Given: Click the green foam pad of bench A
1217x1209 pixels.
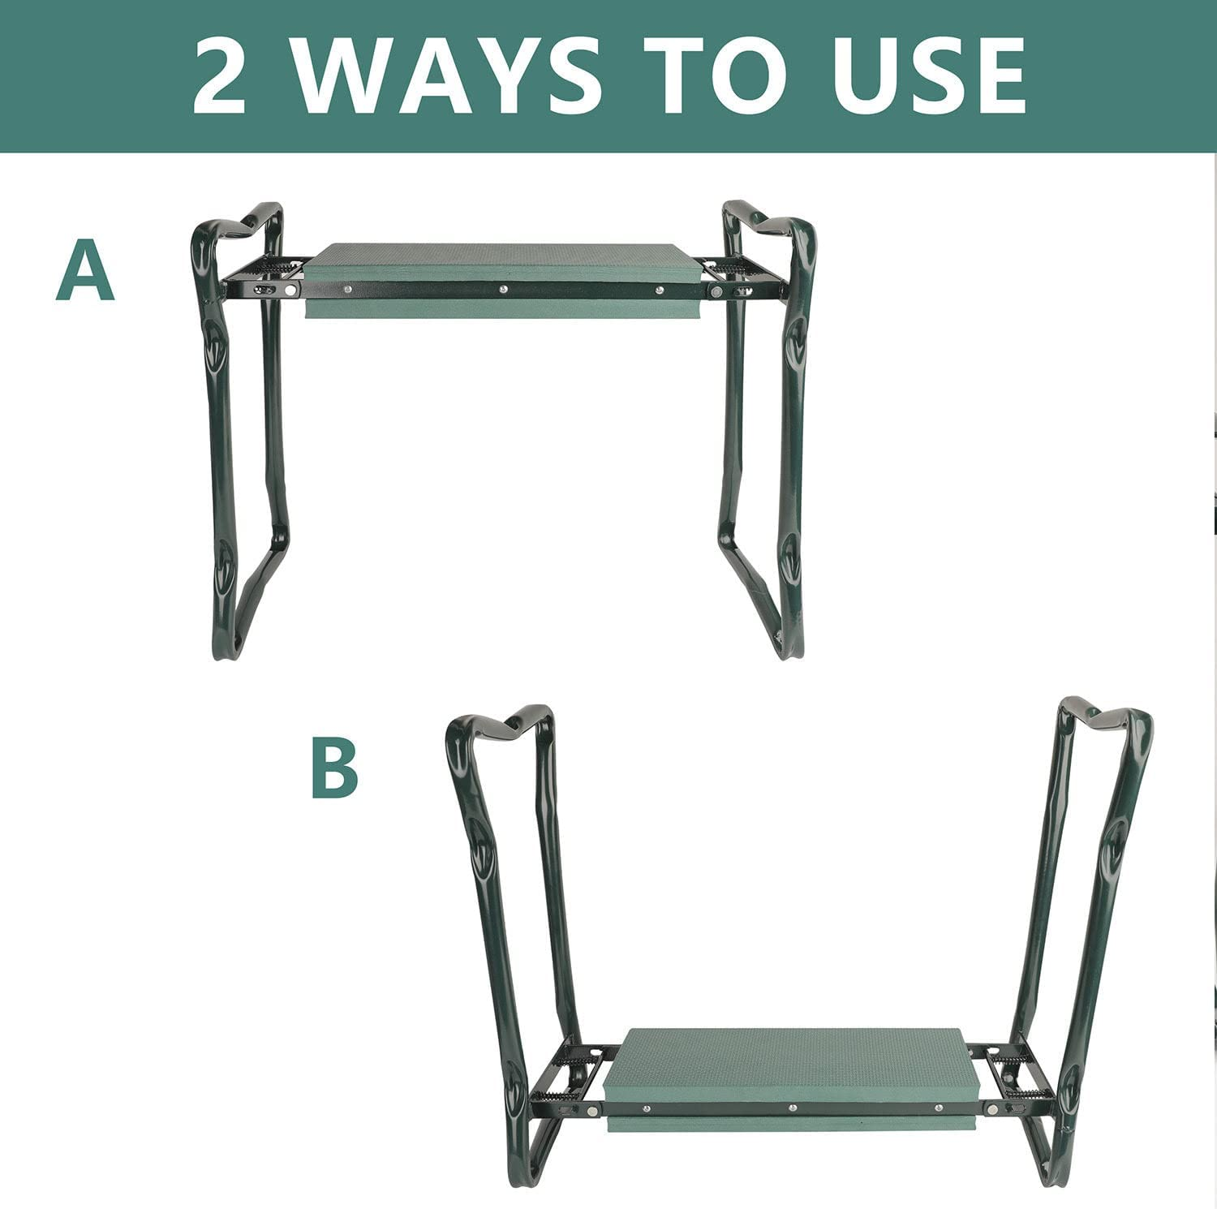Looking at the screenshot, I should pos(503,263).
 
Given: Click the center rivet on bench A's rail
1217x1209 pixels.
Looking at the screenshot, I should pos(503,289).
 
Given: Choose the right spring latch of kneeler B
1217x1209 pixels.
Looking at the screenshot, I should pos(1010,1060).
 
